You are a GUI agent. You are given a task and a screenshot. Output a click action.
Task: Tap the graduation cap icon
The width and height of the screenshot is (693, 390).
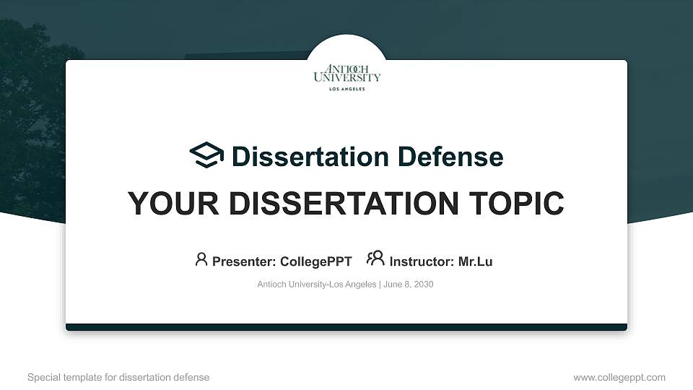[206, 155]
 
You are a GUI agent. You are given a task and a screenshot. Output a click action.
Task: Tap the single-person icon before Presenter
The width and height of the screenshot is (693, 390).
[201, 259]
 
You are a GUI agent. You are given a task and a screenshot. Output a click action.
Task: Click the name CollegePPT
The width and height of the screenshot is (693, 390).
[315, 261]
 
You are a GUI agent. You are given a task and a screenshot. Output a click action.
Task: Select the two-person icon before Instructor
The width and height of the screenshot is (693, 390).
[375, 259]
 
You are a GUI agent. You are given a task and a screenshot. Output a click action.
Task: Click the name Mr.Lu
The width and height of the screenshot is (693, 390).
[475, 261]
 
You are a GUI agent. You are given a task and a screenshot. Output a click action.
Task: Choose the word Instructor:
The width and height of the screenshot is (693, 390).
[422, 261]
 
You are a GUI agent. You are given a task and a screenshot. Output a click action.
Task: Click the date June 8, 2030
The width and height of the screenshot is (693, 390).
[408, 285]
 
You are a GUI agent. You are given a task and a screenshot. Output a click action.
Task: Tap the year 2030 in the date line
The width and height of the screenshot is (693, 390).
[423, 285]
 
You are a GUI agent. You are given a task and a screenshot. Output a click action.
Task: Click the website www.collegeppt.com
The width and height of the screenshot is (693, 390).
[619, 377]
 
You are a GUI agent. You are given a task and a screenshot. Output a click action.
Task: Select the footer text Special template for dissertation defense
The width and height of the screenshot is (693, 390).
[118, 377]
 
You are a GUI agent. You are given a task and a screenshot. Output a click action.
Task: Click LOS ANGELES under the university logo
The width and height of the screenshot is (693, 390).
[346, 89]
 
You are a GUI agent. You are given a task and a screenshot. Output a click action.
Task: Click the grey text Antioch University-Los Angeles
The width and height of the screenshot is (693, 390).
[316, 285]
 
